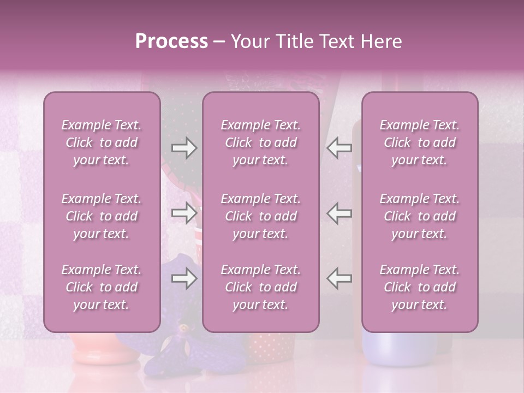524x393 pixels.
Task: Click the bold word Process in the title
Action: (x=171, y=41)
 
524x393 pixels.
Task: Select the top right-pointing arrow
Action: (x=184, y=148)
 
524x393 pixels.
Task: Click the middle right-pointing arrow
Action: (x=184, y=213)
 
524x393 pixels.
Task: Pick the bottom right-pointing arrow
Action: (x=184, y=278)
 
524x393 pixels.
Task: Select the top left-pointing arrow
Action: (x=340, y=148)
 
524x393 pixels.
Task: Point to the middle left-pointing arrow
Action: (x=340, y=213)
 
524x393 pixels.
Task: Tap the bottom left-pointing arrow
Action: (x=340, y=278)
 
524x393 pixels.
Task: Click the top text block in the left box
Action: (x=102, y=142)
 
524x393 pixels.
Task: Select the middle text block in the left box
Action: (x=102, y=216)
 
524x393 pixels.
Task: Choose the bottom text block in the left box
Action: (x=102, y=287)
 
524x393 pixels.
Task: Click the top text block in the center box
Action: (x=260, y=142)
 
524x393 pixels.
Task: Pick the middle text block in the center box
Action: (x=260, y=216)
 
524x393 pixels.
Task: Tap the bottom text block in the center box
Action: (x=260, y=287)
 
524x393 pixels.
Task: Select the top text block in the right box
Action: (x=419, y=142)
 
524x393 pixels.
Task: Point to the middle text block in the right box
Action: (x=419, y=216)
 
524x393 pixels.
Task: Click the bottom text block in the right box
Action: (x=419, y=287)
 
